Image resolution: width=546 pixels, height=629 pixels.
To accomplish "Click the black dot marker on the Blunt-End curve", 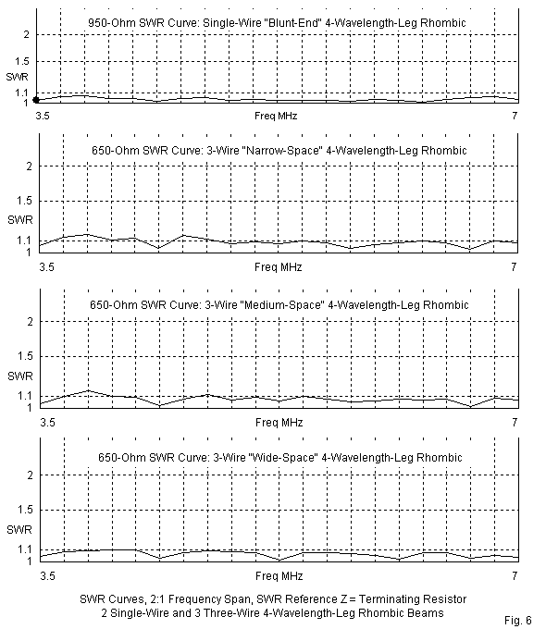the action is coord(36,100).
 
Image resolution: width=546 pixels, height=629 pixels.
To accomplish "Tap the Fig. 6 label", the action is coord(518,620).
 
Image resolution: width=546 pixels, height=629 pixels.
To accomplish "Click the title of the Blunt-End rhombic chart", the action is coord(277,22).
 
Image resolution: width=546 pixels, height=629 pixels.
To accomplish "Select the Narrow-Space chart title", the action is coord(279,151).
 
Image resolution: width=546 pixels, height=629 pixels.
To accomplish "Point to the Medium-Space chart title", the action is coord(279,305).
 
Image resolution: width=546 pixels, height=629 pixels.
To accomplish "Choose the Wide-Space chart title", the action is coord(280,457).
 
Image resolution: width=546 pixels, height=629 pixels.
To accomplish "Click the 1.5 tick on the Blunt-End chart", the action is coord(22,61).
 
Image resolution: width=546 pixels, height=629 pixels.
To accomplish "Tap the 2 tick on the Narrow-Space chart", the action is coord(29,166).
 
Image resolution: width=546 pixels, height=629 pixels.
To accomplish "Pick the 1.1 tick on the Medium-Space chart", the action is coord(24,396).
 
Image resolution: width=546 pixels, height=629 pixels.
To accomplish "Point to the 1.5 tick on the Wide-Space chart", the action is coord(25,510).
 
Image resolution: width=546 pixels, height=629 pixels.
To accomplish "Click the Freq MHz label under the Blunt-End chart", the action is coord(276,116).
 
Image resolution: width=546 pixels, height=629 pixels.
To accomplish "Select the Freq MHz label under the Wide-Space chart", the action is coord(279,576).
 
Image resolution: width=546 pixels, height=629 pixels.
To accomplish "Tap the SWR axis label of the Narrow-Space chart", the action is coord(20,220).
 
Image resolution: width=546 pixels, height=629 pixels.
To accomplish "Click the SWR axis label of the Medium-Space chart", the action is coord(20,376).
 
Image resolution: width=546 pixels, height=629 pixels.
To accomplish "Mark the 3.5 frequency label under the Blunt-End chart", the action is coord(43,116).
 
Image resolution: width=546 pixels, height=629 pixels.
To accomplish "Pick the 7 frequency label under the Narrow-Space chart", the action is coord(514,266).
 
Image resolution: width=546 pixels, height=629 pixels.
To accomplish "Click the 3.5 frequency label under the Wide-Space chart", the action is coord(47,576).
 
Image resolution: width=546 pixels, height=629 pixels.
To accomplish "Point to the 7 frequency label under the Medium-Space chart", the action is coord(515,422).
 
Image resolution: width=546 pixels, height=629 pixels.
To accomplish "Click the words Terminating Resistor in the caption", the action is coord(413,598).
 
